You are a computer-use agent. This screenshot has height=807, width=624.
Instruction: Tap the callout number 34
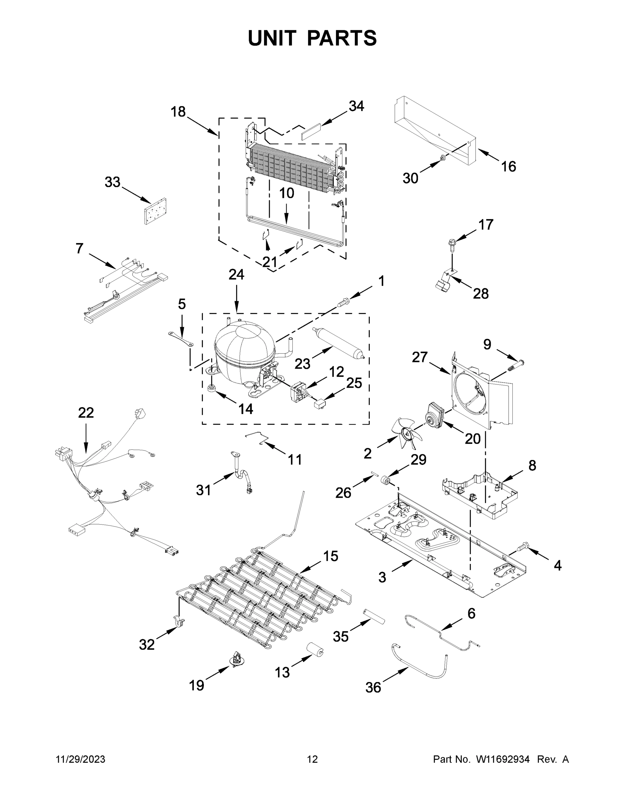[356, 106]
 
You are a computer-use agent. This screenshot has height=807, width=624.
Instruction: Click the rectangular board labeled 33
[155, 212]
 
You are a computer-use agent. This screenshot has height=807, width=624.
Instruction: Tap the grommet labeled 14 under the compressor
[212, 388]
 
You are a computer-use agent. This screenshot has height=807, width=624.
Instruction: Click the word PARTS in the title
[341, 38]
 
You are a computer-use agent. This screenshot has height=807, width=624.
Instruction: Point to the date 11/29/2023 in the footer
[80, 759]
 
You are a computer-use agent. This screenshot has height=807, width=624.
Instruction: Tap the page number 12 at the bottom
[312, 759]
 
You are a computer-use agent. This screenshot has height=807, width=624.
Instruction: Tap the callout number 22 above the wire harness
[86, 413]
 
